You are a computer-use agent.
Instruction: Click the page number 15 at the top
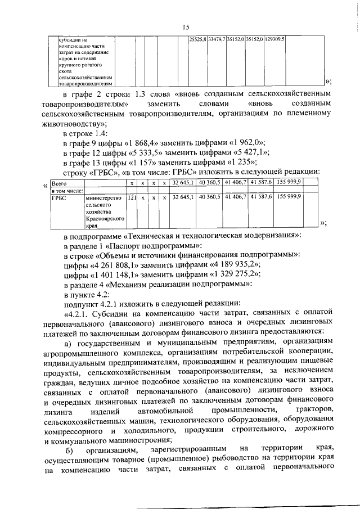point(185,27)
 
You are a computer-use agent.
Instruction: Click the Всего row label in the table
point(58,183)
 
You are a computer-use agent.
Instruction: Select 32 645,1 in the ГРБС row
point(183,197)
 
